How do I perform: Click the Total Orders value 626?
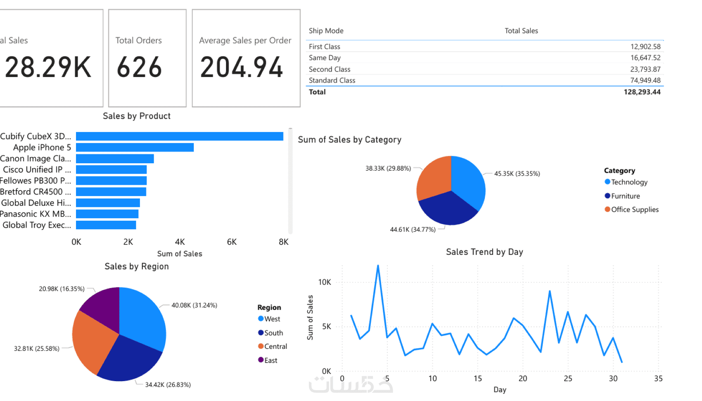tap(139, 67)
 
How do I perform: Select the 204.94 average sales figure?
tap(242, 67)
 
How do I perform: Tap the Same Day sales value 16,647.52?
tap(645, 58)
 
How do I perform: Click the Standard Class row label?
tap(332, 80)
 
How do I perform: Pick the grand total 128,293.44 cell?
tap(642, 92)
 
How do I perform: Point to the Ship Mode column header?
tap(326, 31)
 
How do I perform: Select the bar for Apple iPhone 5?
tap(135, 148)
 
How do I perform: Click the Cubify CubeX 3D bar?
tap(180, 136)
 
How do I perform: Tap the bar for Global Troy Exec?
tap(106, 225)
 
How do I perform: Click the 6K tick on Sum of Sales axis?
tap(232, 242)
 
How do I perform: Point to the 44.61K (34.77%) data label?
tap(413, 229)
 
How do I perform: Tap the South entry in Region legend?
tap(273, 333)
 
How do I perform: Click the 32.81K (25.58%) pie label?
tap(37, 348)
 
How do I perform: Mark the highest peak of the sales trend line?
tap(378, 266)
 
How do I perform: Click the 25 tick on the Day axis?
tap(568, 378)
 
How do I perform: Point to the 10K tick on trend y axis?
tap(325, 282)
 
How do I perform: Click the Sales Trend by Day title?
tap(484, 252)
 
